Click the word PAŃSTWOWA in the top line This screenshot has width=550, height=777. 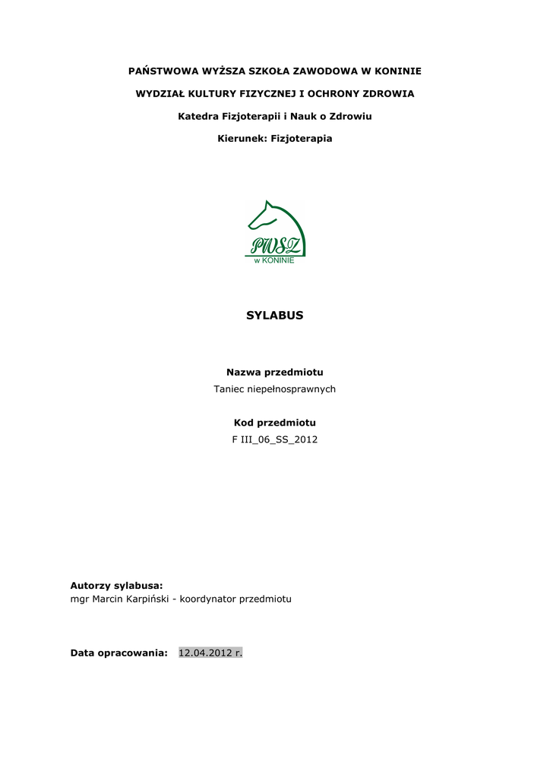pyautogui.click(x=161, y=71)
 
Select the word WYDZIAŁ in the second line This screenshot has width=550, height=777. pyautogui.click(x=162, y=94)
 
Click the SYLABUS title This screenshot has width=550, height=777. pyautogui.click(x=274, y=316)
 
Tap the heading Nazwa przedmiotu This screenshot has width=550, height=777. pyautogui.click(x=275, y=372)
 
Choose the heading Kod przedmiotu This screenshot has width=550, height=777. pyautogui.click(x=274, y=423)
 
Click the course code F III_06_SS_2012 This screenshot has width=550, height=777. pyautogui.click(x=274, y=440)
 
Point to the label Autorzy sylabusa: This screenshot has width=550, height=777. pyautogui.click(x=116, y=585)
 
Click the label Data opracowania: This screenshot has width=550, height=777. pyautogui.click(x=119, y=653)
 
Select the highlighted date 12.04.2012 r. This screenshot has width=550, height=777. pyautogui.click(x=210, y=653)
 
